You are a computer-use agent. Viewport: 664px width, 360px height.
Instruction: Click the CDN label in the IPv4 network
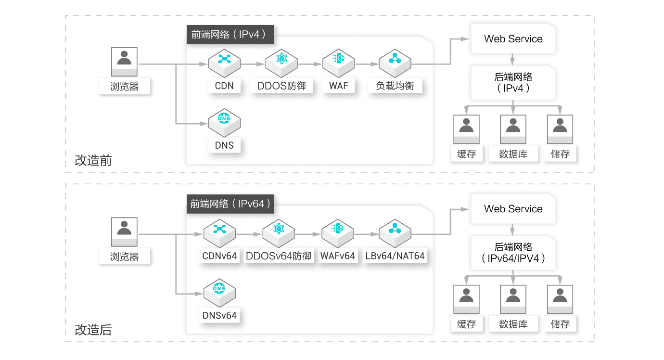[224, 86]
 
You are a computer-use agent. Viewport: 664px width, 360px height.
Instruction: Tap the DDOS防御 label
[281, 86]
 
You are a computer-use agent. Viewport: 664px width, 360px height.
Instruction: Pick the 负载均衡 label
[395, 86]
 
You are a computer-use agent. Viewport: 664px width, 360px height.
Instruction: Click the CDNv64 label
[219, 256]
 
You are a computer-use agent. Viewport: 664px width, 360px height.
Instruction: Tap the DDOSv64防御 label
[278, 256]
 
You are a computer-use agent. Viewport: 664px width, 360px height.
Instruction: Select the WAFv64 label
[338, 256]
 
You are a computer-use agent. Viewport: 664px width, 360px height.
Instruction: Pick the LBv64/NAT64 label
[395, 256]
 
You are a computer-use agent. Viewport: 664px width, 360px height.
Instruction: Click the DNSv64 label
[219, 316]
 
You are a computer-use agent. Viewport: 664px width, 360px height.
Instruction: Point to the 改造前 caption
[93, 160]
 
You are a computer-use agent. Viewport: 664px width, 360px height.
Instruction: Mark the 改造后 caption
[93, 330]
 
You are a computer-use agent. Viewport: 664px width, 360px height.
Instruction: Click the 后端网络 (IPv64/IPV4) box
[513, 252]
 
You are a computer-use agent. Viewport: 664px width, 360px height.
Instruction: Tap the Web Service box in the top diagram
[513, 39]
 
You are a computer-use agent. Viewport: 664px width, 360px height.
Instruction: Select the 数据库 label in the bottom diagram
[513, 324]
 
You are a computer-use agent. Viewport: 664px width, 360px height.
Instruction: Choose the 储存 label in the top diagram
[560, 154]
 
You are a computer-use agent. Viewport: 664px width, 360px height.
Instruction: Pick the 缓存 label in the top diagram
[466, 154]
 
